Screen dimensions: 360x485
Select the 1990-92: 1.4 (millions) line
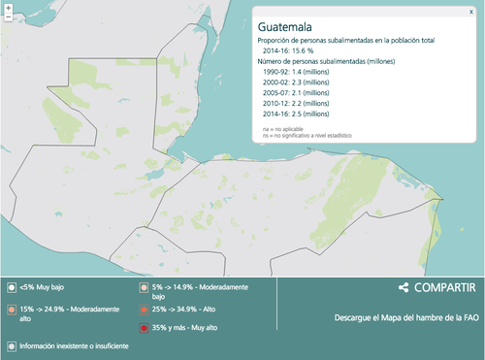303,73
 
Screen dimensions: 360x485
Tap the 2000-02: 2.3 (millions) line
303,82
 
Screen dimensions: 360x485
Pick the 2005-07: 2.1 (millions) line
303,93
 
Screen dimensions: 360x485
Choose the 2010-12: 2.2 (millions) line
303,104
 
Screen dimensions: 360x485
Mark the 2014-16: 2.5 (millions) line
303,115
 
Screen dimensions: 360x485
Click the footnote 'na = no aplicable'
283,129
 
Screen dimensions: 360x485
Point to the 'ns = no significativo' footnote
307,136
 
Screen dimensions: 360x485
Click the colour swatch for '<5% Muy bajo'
11,288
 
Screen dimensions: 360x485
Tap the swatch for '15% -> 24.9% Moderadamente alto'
11,309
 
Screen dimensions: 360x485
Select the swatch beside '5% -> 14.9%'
144,288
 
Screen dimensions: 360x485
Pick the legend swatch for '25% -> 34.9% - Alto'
144,309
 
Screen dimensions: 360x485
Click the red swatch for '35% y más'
144,327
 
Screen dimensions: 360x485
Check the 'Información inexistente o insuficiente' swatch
11,344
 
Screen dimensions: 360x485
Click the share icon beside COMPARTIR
403,288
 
